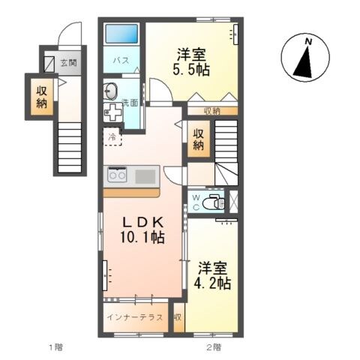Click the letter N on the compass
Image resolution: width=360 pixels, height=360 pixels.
(x=309, y=42)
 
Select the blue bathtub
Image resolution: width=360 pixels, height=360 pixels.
(x=121, y=34)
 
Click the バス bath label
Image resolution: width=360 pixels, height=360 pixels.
(x=121, y=60)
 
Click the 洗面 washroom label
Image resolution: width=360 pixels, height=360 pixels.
(x=130, y=103)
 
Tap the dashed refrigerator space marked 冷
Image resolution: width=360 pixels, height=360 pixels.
(x=112, y=137)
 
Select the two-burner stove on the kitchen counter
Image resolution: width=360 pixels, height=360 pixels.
(x=117, y=175)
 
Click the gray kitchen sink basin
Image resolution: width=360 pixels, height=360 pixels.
(x=145, y=176)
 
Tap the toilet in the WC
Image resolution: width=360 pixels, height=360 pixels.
(x=213, y=202)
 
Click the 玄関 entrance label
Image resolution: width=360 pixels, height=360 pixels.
(x=68, y=63)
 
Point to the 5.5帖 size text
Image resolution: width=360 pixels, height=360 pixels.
(x=191, y=70)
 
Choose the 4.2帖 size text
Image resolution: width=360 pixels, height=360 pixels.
(x=212, y=283)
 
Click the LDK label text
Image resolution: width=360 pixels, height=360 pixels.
(x=143, y=222)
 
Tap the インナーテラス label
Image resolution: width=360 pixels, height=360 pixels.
(x=135, y=317)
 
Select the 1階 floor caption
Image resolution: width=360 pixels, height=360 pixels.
(x=55, y=347)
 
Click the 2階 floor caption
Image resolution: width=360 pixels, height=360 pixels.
(x=214, y=347)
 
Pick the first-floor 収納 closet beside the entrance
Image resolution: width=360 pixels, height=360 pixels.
(x=42, y=97)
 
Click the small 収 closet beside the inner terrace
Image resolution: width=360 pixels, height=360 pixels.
(x=178, y=317)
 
